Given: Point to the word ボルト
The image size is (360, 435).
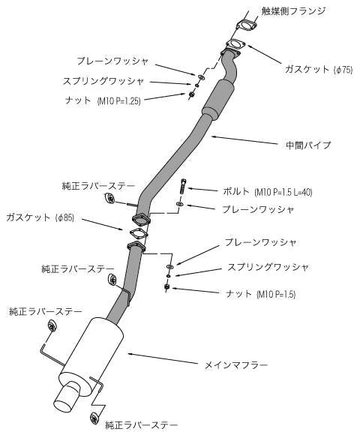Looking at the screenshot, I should click(x=237, y=191).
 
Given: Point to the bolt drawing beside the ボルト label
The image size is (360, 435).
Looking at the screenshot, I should click(x=183, y=187).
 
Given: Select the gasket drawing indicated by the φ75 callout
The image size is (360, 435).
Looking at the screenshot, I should click(x=235, y=44).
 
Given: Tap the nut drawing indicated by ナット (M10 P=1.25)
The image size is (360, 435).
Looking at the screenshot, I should click(x=192, y=94).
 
